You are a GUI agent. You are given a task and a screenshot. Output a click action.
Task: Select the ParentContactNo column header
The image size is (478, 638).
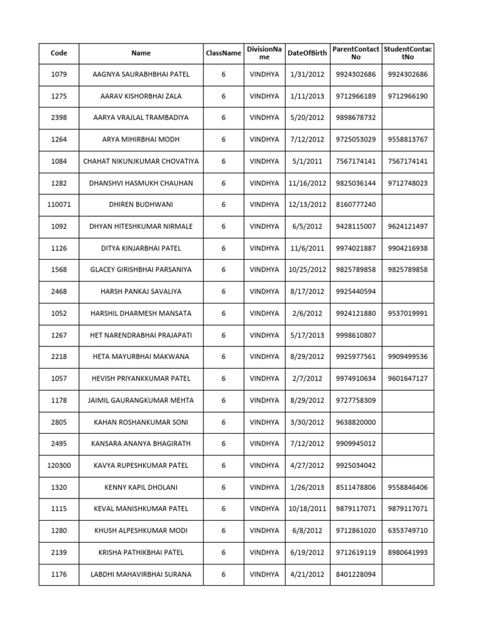click(x=355, y=53)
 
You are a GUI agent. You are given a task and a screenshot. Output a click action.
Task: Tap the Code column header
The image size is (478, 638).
click(x=59, y=53)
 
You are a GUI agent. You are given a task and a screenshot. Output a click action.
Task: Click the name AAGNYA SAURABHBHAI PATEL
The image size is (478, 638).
click(x=141, y=75)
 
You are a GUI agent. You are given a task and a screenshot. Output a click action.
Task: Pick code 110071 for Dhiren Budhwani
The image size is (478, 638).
click(x=59, y=204)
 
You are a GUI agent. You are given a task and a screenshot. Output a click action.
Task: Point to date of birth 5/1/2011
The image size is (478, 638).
click(x=307, y=161)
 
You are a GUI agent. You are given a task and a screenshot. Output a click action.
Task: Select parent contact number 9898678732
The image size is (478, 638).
click(x=355, y=118)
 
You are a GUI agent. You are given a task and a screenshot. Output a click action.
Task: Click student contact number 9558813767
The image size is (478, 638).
click(x=408, y=140)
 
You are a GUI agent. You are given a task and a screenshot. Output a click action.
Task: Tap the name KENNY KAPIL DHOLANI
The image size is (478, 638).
click(x=141, y=487)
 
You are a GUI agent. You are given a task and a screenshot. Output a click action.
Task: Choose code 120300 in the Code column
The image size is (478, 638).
click(x=59, y=465)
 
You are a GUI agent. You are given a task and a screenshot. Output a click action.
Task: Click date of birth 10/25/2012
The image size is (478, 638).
click(x=307, y=270)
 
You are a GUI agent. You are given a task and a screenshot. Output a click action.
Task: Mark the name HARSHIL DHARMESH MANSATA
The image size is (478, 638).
click(x=141, y=313)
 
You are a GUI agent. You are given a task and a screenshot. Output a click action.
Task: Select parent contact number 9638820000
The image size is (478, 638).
click(x=355, y=422)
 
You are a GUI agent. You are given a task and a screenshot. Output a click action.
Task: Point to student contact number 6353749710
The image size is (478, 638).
click(x=408, y=531)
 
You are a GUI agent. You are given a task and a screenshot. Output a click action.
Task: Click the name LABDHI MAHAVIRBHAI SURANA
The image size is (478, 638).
click(x=141, y=574)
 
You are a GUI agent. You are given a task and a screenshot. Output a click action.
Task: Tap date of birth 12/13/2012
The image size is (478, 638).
click(x=307, y=204)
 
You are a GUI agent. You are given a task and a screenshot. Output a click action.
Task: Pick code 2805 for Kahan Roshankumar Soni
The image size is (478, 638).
click(x=59, y=422)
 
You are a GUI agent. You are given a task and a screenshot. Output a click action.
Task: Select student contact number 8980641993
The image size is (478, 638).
click(x=408, y=553)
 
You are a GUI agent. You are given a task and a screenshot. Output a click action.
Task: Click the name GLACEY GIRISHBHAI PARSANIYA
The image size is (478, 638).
click(x=141, y=270)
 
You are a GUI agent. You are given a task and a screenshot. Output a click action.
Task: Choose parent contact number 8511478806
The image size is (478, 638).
click(x=355, y=487)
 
